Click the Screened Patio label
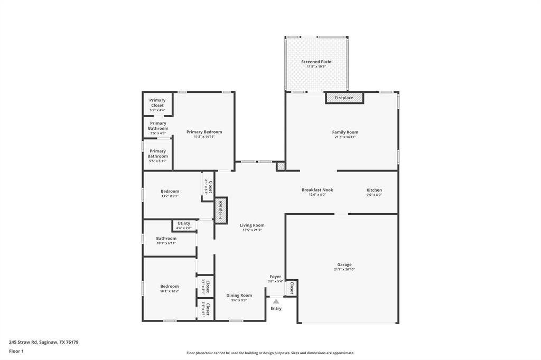(316, 62)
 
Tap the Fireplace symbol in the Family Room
(344, 98)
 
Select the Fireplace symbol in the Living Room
(221, 210)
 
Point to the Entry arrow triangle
(276, 301)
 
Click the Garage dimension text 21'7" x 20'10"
(344, 270)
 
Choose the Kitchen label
(374, 190)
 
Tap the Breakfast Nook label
(317, 190)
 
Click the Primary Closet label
(157, 103)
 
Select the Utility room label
(184, 223)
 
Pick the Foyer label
(276, 277)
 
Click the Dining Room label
(239, 296)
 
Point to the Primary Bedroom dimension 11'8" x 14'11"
(204, 137)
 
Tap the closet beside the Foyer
(292, 288)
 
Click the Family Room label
(345, 132)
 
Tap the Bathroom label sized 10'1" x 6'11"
(166, 239)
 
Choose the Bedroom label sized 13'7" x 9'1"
(170, 191)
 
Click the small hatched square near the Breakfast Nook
(281, 166)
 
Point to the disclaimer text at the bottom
(270, 353)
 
